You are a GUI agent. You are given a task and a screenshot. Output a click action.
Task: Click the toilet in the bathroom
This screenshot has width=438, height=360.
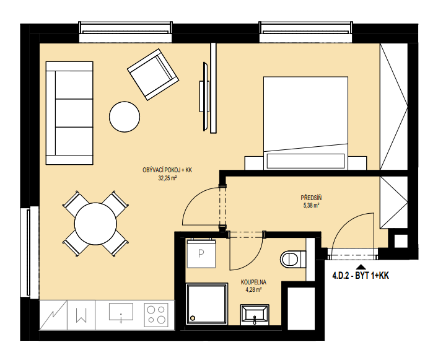click(293, 259)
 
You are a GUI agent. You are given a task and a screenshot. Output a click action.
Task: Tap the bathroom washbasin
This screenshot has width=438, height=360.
click(255, 315)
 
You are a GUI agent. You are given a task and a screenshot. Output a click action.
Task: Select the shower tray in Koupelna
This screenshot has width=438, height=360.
click(206, 304)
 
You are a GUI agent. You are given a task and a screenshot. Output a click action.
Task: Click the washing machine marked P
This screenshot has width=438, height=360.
click(201, 253)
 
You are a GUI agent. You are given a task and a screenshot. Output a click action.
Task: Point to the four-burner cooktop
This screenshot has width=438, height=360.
click(156, 315)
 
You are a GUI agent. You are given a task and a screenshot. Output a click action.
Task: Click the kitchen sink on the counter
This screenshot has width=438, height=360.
click(121, 313)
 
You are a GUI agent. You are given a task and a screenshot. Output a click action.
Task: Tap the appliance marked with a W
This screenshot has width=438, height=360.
click(81, 315)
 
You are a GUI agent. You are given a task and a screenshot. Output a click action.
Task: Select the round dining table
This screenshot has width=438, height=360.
click(95, 224)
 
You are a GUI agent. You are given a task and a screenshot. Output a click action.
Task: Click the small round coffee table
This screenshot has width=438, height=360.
click(125, 116)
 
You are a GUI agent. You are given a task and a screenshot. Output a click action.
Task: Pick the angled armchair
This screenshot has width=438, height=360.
click(153, 74)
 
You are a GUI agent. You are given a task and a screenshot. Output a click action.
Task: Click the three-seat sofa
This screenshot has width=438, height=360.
click(69, 113)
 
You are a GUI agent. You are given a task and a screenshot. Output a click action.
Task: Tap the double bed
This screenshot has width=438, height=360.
click(305, 123)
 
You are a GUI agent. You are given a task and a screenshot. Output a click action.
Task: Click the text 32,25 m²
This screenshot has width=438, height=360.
click(167, 178)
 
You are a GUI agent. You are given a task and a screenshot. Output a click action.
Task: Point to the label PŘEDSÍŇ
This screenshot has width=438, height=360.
click(311, 198)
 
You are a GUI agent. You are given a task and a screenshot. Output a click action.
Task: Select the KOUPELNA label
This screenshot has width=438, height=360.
click(253, 283)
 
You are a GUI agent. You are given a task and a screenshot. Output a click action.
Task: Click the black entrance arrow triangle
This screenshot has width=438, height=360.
click(361, 266)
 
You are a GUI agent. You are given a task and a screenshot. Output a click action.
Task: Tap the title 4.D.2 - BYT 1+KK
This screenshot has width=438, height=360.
click(361, 276)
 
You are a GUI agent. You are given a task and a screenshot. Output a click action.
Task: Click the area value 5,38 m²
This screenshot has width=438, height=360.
click(311, 206)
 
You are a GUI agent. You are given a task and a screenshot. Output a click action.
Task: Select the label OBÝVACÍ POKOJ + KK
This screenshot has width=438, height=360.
click(167, 170)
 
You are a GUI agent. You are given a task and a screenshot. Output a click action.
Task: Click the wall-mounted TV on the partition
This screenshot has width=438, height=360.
click(205, 97)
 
